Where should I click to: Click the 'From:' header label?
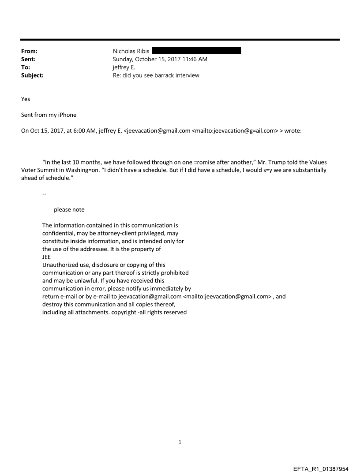[30, 51]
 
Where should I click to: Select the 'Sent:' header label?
[29, 59]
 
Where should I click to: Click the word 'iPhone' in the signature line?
[67, 115]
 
